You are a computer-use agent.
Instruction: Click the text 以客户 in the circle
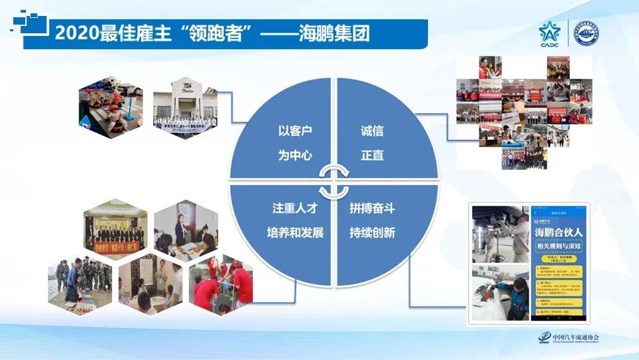[x=295, y=131]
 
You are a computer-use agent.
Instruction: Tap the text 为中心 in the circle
[x=295, y=156]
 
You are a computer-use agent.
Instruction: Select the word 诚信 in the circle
[x=372, y=131]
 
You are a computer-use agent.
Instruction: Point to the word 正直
[x=372, y=156]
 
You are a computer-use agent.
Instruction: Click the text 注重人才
[x=290, y=208]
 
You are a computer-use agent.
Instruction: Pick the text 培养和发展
[x=290, y=233]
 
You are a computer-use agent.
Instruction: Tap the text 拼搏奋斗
[x=372, y=208]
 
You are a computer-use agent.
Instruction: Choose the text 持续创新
[x=372, y=233]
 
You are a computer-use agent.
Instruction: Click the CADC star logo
[x=551, y=33]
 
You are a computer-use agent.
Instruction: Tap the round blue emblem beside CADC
[x=586, y=33]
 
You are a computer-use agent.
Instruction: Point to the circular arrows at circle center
[x=333, y=180]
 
